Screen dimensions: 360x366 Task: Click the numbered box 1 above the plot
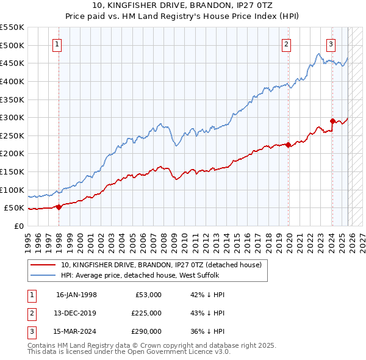click(57, 44)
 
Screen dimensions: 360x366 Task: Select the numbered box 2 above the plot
click(286, 44)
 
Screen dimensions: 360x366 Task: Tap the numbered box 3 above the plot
click(331, 44)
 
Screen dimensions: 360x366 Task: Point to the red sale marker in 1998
click(59, 207)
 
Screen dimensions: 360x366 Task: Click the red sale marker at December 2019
click(289, 145)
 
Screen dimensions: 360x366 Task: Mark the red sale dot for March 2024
click(332, 121)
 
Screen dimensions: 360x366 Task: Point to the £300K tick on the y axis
click(12, 117)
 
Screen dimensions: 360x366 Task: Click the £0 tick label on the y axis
click(18, 226)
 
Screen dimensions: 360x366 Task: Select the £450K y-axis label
click(12, 63)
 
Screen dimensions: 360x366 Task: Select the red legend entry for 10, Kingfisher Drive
click(161, 265)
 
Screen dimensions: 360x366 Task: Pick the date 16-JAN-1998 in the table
click(76, 295)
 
